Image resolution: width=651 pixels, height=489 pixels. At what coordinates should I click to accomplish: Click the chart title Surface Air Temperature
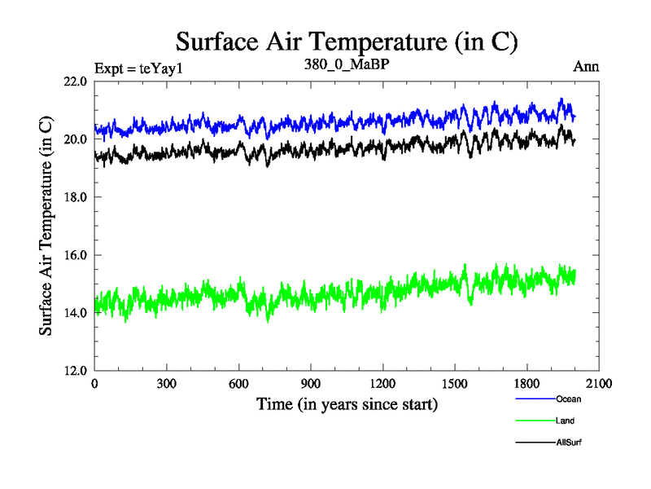tap(347, 42)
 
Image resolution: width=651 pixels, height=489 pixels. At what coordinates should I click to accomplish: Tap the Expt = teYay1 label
tap(139, 68)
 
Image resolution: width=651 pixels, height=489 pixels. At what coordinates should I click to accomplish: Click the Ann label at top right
tap(586, 67)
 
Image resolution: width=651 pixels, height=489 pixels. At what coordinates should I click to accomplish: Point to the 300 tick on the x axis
tap(167, 384)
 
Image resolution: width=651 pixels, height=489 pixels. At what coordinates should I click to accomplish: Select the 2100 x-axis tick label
tap(599, 384)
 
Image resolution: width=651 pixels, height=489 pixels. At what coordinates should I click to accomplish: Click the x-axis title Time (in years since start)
tap(347, 403)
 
